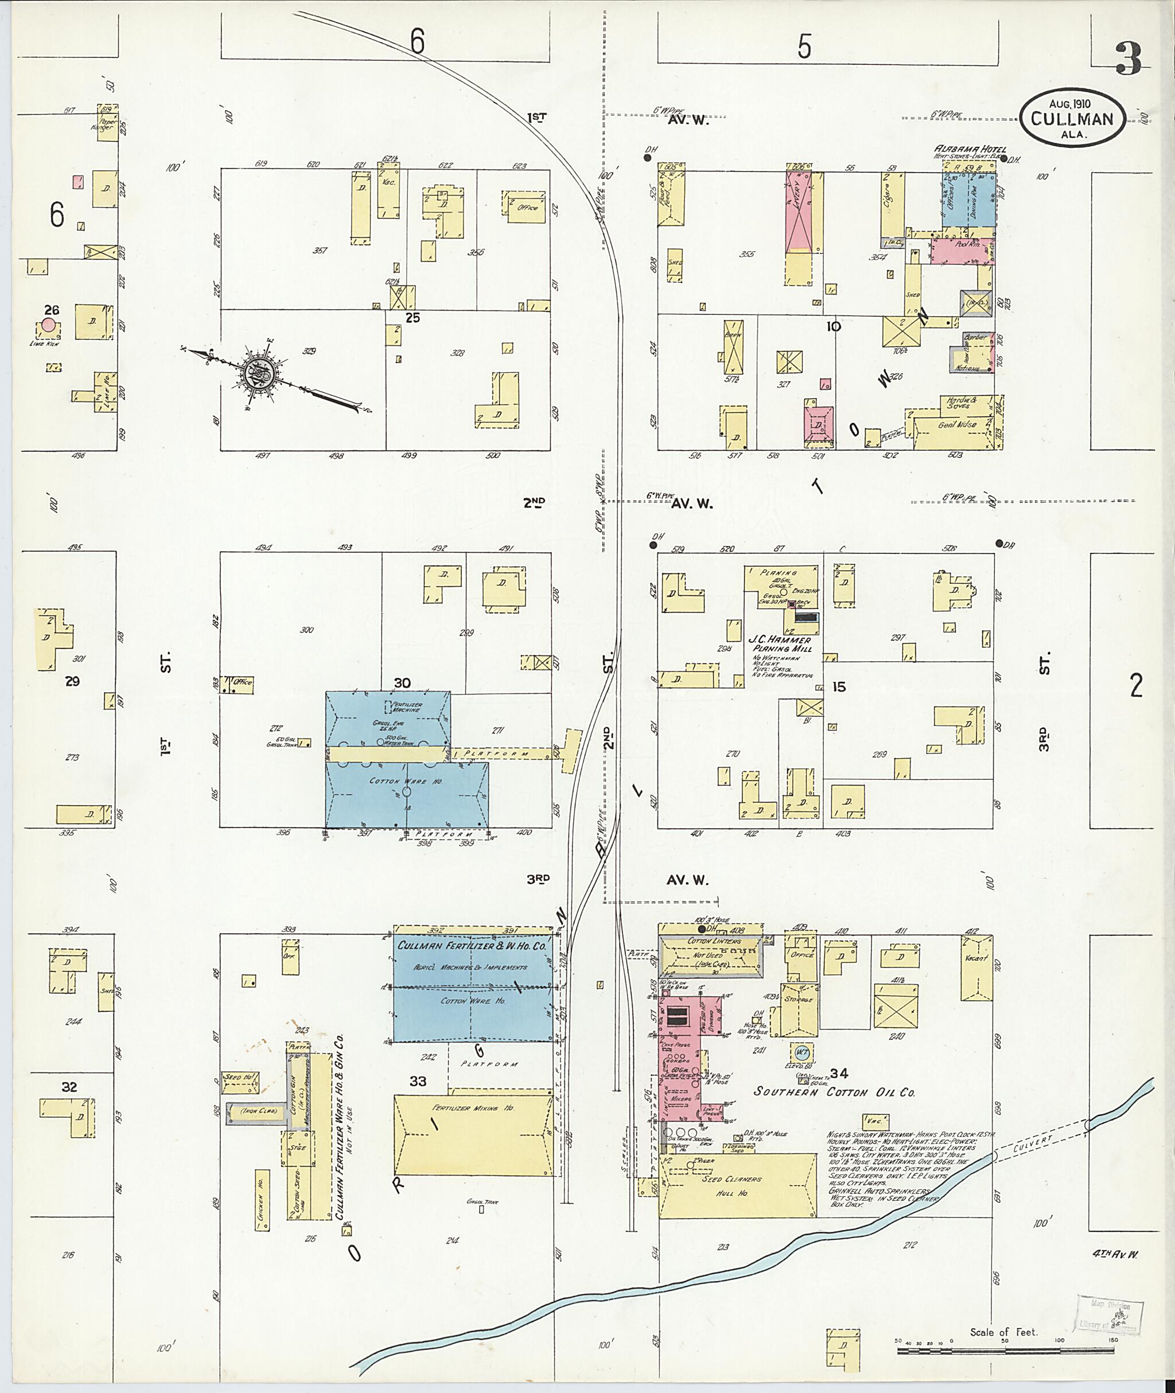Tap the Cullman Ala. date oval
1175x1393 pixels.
(x=1072, y=117)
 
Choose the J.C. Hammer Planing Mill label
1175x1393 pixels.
(x=781, y=644)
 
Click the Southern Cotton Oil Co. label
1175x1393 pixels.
(x=835, y=1092)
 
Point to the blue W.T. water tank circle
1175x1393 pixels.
(x=803, y=1053)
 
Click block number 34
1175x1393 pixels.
(x=839, y=1073)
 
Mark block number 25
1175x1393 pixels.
(x=413, y=318)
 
